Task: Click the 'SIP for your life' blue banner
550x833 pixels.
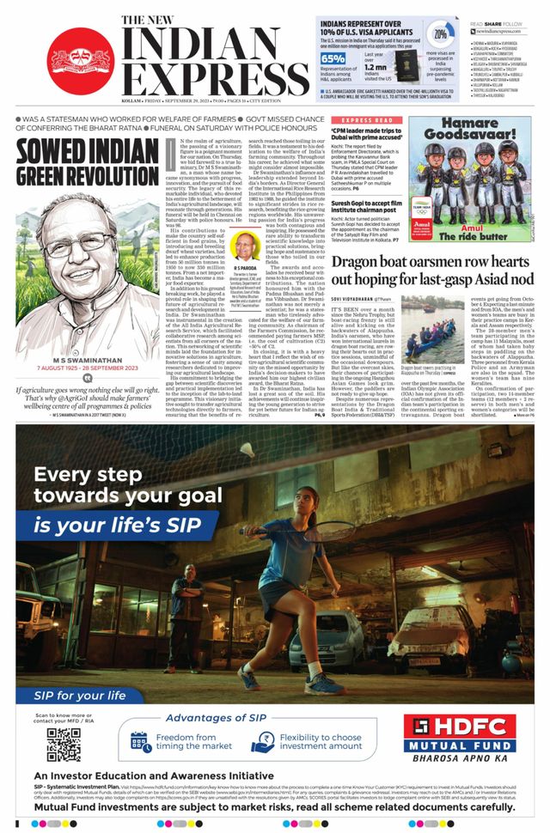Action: (82, 695)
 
